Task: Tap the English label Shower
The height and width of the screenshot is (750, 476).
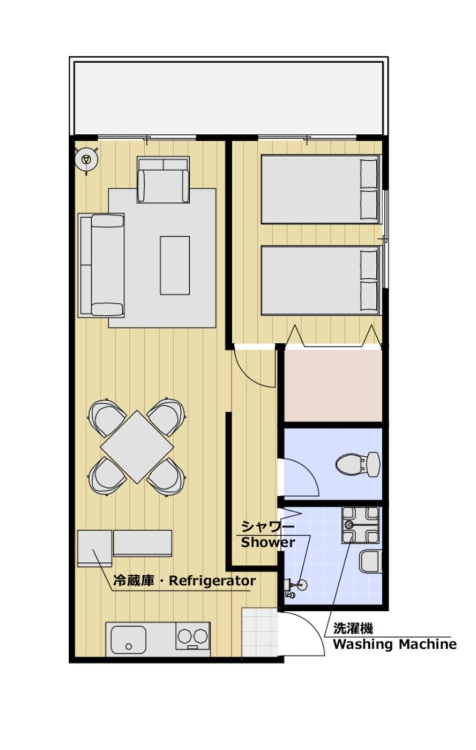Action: [268, 542]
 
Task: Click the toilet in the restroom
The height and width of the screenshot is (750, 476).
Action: [358, 464]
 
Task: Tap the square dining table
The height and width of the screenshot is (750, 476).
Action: [137, 447]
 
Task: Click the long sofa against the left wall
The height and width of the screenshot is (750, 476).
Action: [101, 265]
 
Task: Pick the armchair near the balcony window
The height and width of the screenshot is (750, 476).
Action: [163, 180]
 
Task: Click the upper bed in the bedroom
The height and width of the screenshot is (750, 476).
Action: [321, 189]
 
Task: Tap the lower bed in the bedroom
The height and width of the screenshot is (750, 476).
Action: [321, 280]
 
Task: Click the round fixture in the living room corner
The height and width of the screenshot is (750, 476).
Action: [86, 160]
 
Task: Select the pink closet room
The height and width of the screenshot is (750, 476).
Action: [333, 386]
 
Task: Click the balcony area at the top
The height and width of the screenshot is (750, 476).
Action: [228, 99]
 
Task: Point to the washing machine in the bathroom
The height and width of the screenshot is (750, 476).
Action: [361, 524]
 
